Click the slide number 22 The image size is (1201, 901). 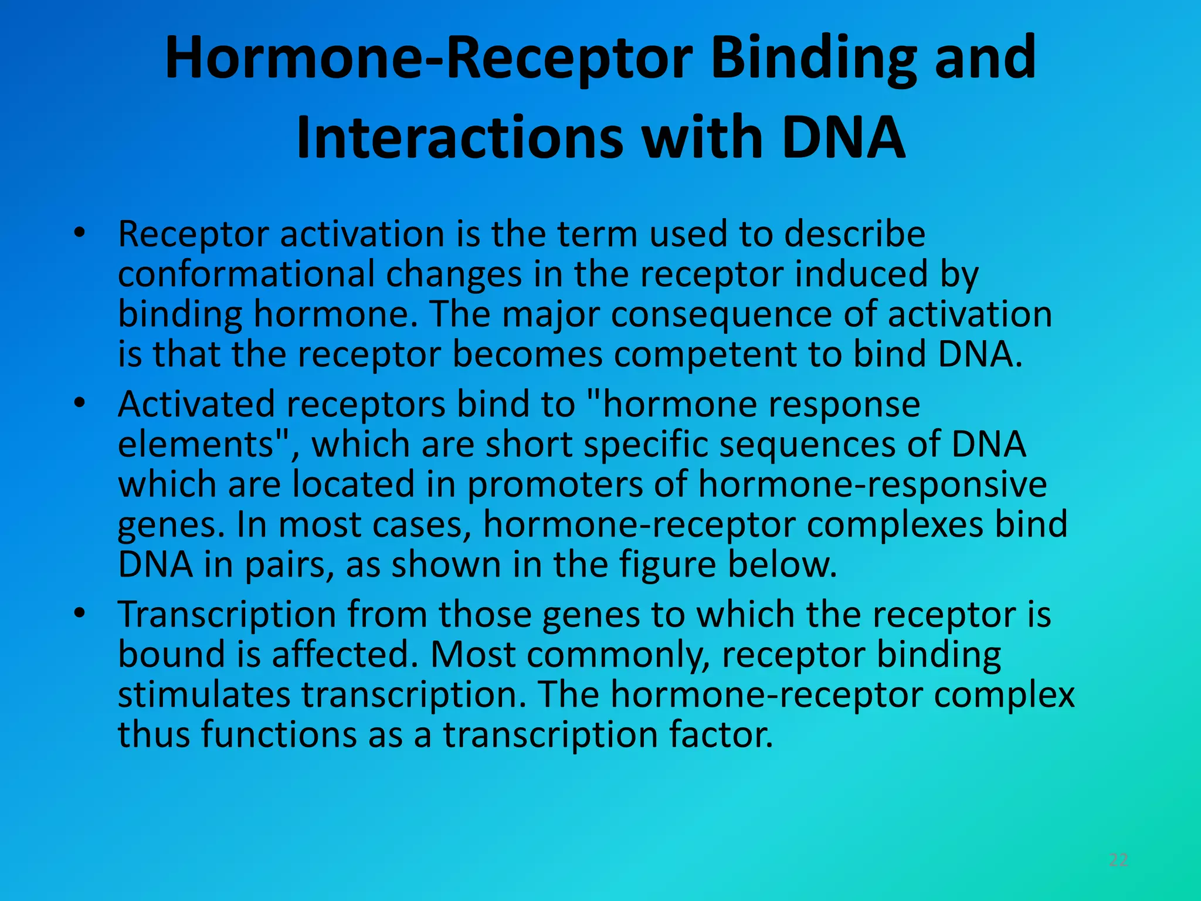pyautogui.click(x=1118, y=860)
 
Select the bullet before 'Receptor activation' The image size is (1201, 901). pyautogui.click(x=79, y=233)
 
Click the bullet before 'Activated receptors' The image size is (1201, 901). pyautogui.click(x=79, y=404)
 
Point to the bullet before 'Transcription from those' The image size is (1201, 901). pyautogui.click(x=79, y=614)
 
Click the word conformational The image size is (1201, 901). pyautogui.click(x=246, y=275)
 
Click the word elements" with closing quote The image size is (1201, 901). pyautogui.click(x=203, y=444)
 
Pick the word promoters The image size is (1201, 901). pyautogui.click(x=554, y=485)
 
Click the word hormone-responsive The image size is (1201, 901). pyautogui.click(x=872, y=485)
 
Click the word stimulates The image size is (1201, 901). pyautogui.click(x=203, y=695)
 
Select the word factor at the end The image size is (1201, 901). pyautogui.click(x=721, y=734)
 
